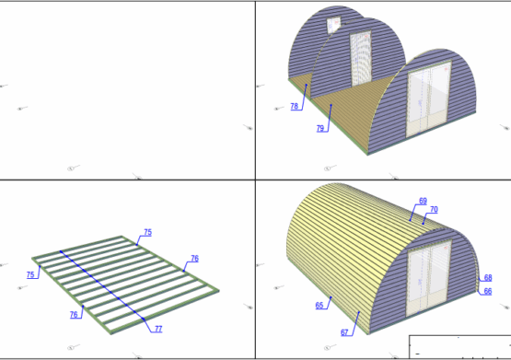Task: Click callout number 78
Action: pos(295,106)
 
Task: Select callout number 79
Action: pos(320,128)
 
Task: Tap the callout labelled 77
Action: pos(158,329)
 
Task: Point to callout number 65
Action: pos(319,306)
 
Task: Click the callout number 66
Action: pos(488,291)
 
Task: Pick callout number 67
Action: pos(344,332)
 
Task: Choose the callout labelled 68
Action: pos(488,278)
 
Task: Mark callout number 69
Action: pos(423,201)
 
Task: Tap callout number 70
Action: pos(434,210)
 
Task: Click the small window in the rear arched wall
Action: pos(333,25)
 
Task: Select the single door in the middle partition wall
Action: pos(361,59)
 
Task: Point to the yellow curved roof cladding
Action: pos(352,248)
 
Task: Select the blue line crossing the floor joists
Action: pos(102,285)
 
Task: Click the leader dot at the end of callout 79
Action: pos(331,105)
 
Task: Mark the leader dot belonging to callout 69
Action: pos(410,220)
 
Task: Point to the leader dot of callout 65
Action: pos(331,297)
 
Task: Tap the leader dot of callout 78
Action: pos(307,85)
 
